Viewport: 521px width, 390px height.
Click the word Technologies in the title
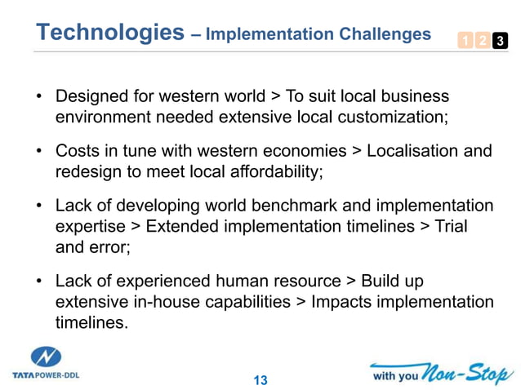[x=110, y=33]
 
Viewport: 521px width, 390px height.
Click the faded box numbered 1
[x=464, y=41]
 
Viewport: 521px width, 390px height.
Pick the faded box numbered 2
[x=482, y=41]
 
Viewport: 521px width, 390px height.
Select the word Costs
[x=77, y=152]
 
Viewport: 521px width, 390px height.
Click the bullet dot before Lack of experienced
[x=38, y=281]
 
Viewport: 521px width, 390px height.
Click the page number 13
[x=260, y=380]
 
